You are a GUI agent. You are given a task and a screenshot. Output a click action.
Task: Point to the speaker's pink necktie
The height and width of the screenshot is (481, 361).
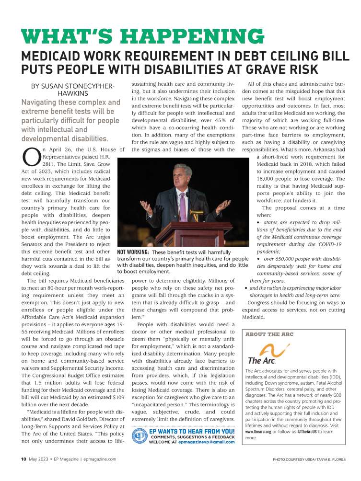[x=183, y=202]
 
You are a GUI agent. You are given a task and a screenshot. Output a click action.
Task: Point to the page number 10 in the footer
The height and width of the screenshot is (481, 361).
[x=23, y=459]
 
